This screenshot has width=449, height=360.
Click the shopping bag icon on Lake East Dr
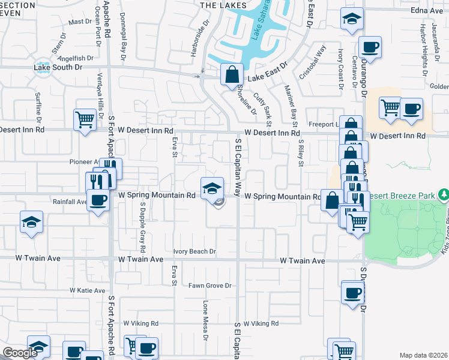pyautogui.click(x=231, y=75)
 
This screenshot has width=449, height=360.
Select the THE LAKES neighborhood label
pyautogui.click(x=215, y=5)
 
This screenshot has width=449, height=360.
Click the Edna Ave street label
pyautogui.click(x=427, y=11)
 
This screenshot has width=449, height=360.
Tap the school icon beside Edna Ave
pyautogui.click(x=352, y=19)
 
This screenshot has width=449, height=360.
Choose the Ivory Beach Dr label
pyautogui.click(x=194, y=252)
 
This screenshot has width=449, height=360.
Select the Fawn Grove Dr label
pyautogui.click(x=211, y=286)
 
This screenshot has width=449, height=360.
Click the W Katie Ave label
pyautogui.click(x=88, y=290)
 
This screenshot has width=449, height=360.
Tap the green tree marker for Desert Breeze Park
pyautogui.click(x=444, y=194)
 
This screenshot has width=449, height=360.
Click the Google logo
pyautogui.click(x=20, y=353)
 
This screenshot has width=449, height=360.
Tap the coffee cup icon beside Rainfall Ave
pyautogui.click(x=98, y=200)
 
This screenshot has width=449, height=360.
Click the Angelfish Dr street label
pyautogui.click(x=77, y=58)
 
